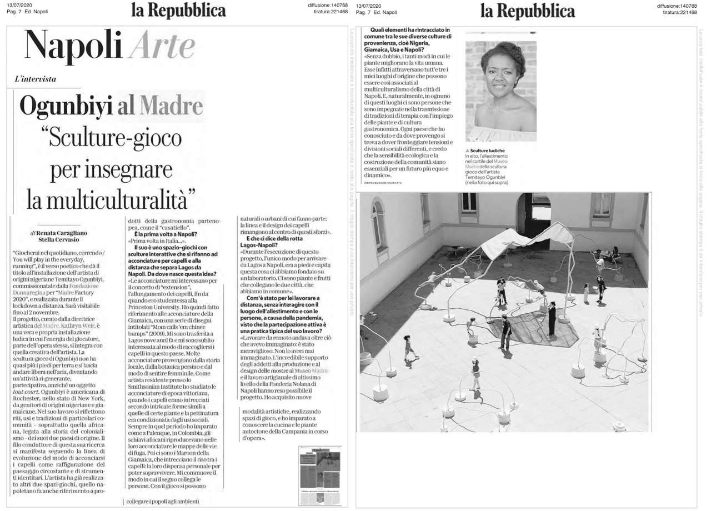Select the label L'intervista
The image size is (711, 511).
point(36,79)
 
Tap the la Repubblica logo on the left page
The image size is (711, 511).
point(178,10)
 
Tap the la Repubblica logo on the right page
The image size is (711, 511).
point(527,10)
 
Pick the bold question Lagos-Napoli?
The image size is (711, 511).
point(258,244)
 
